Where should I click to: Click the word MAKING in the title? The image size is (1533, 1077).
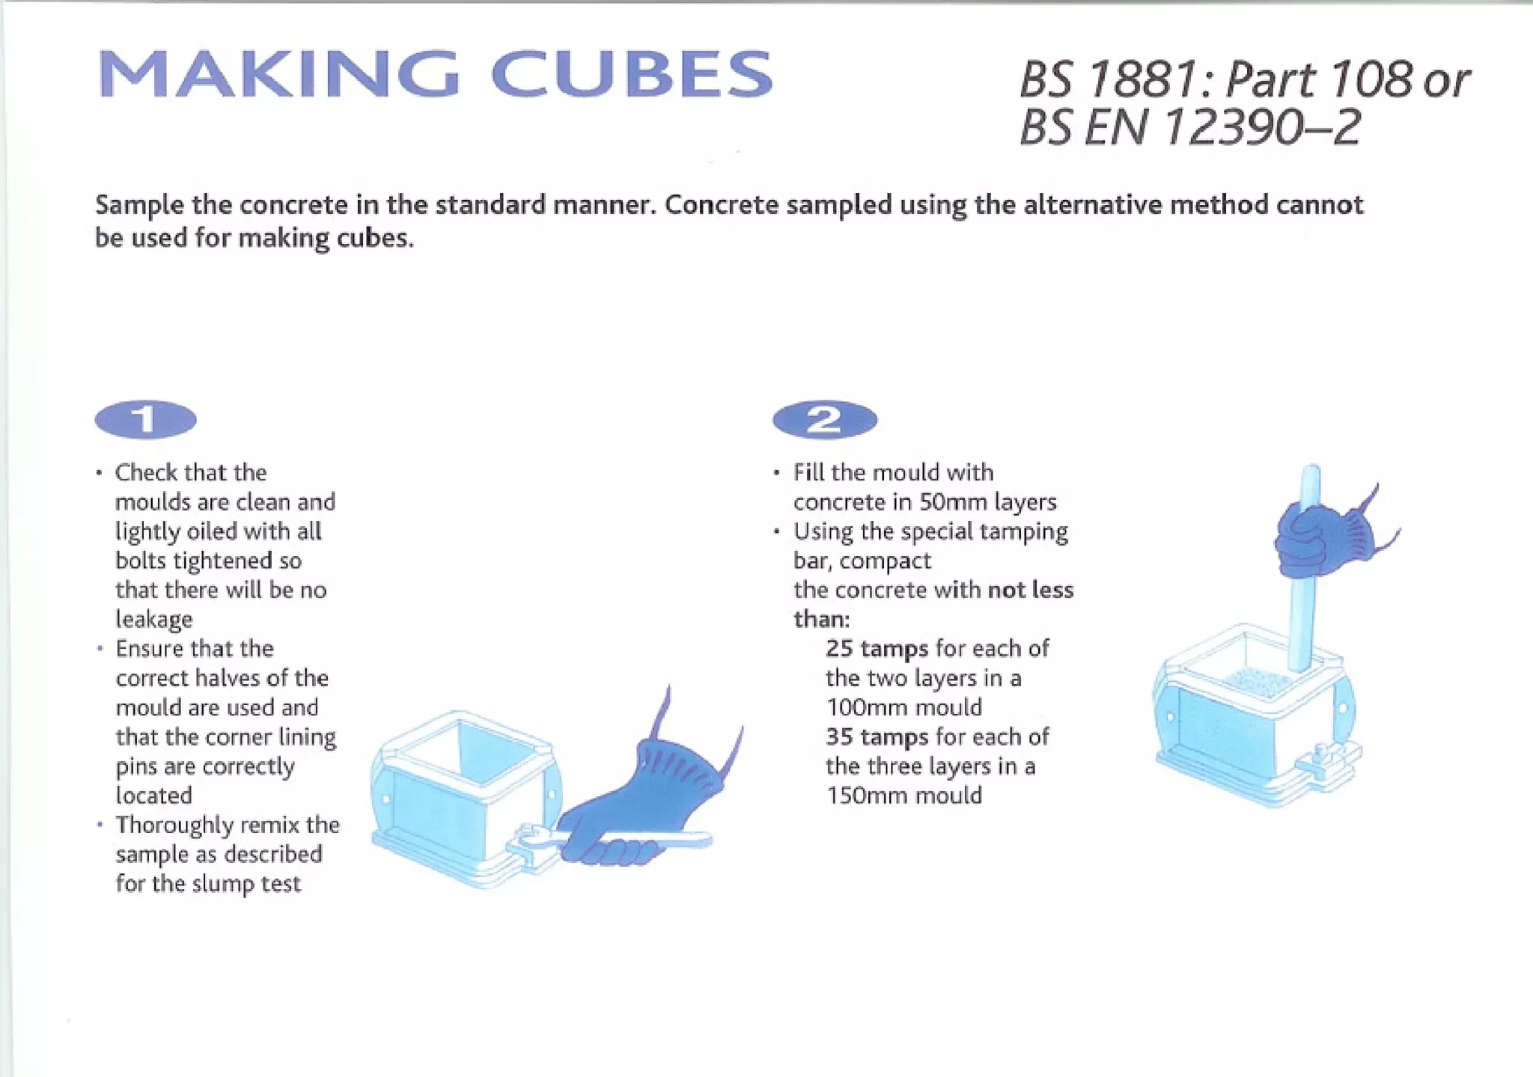click(278, 74)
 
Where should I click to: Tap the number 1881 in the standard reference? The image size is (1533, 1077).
click(1142, 79)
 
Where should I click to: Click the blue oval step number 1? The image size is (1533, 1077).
click(146, 419)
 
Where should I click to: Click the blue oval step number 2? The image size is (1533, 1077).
click(824, 419)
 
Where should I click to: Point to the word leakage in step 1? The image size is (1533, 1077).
click(153, 620)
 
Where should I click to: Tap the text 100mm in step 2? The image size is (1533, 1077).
click(862, 707)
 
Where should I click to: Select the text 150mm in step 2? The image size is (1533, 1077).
click(862, 796)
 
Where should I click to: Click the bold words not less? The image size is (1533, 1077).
click(1030, 591)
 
